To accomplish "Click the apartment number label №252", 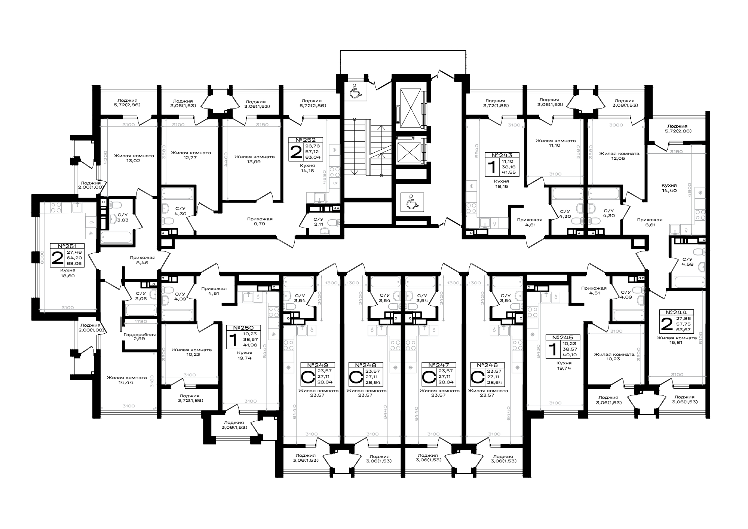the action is [306, 140].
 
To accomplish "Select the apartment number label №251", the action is [67, 246].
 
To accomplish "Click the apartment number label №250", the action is [243, 328].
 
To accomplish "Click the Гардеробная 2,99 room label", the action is [140, 337].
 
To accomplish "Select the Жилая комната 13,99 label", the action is [255, 159].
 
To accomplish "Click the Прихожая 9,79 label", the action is [260, 221].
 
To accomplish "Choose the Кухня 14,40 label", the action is [669, 187].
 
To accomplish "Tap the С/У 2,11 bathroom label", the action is [318, 221].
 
